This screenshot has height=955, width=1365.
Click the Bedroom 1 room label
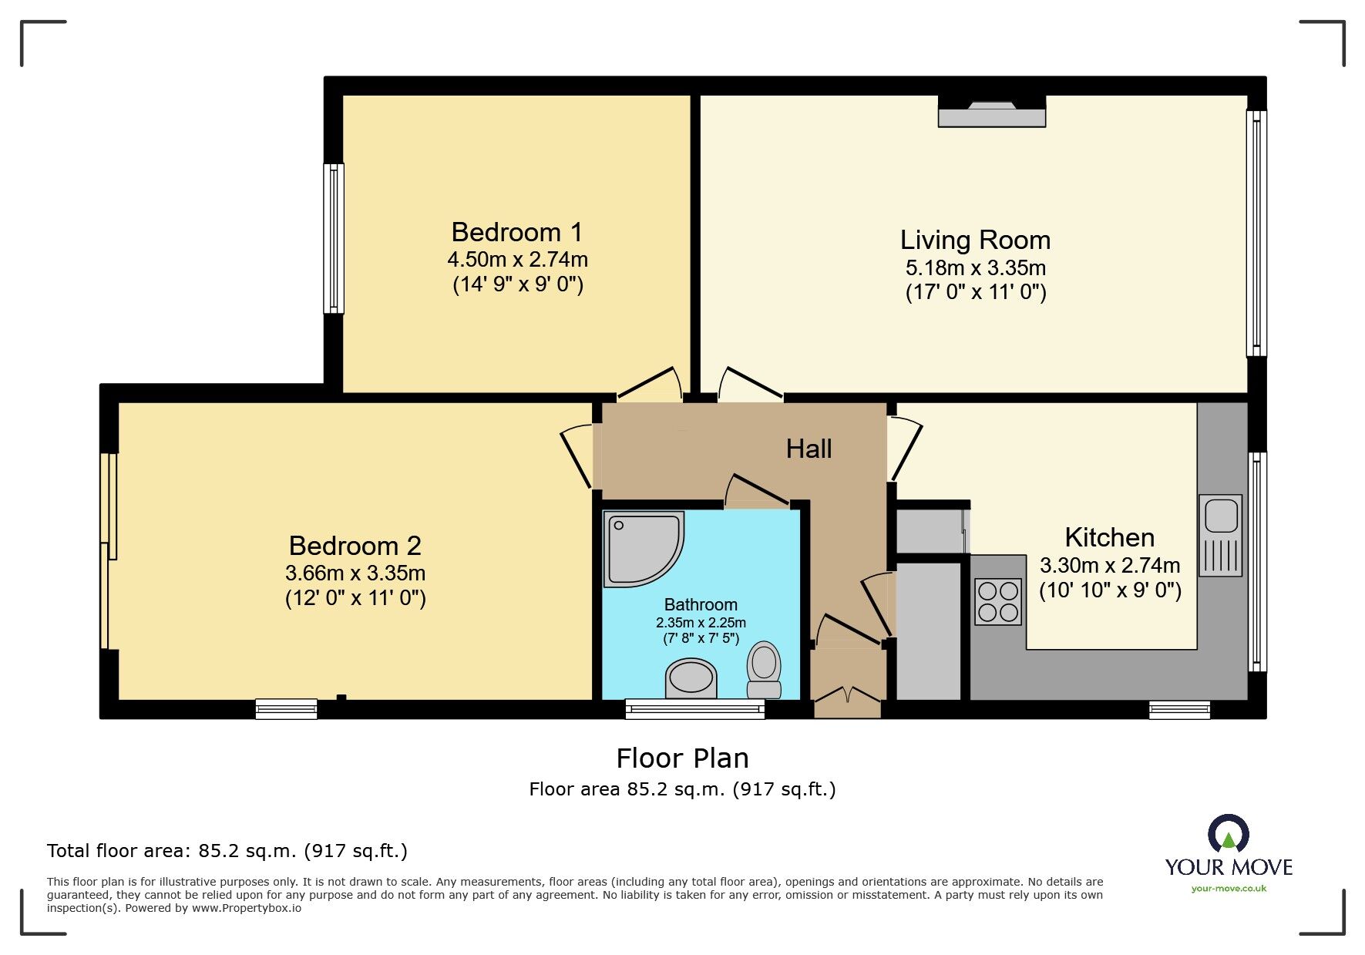516,232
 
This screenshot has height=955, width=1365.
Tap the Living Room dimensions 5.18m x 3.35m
975,268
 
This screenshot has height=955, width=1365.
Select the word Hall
809,449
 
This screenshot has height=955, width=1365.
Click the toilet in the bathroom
764,670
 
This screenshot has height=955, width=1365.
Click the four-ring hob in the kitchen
997,602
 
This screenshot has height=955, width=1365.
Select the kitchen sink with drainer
1221,535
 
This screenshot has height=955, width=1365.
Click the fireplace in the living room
991,113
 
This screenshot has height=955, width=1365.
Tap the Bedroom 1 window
334,238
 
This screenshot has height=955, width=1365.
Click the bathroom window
694,709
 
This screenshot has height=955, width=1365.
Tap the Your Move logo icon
1228,834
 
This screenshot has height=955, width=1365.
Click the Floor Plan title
682,758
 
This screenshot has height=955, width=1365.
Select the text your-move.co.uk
1229,889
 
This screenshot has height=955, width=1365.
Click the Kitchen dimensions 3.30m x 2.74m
1109,566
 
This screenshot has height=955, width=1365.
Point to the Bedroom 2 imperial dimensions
355,598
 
